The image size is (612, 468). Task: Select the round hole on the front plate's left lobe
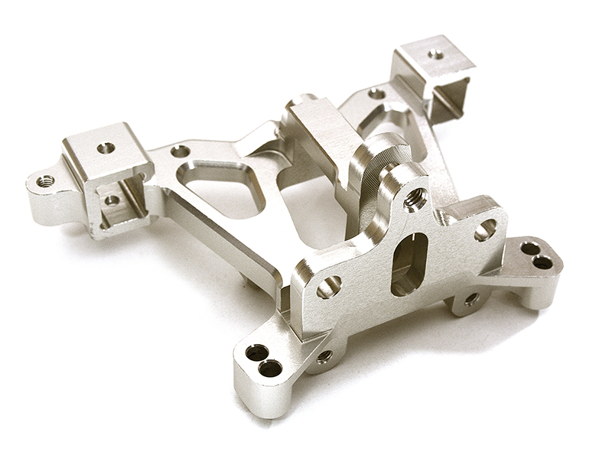pyautogui.click(x=328, y=286)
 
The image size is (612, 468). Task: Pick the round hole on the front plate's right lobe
pyautogui.click(x=485, y=229)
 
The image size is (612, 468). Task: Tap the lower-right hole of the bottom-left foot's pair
pyautogui.click(x=269, y=368)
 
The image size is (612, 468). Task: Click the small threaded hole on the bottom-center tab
pyautogui.click(x=324, y=356)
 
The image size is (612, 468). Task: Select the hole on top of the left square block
pyautogui.click(x=106, y=147)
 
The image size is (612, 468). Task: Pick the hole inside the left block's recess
pyautogui.click(x=112, y=201)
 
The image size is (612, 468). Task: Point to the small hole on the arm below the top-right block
pyautogui.click(x=376, y=93)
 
